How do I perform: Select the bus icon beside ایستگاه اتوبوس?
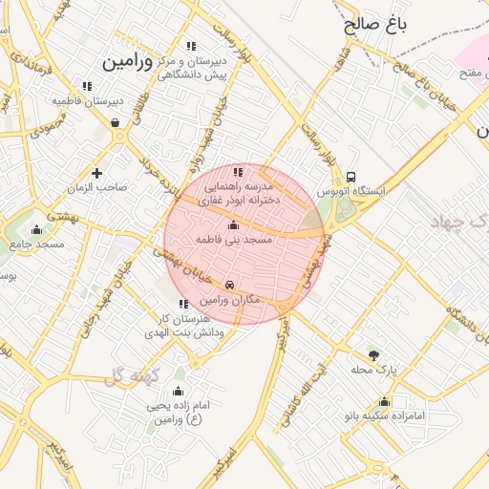[x=351, y=177]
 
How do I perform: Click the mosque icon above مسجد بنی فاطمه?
[x=234, y=225]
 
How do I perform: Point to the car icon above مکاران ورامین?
[x=230, y=286]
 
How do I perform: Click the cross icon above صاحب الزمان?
[x=96, y=173]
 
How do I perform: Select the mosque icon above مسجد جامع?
[x=36, y=229]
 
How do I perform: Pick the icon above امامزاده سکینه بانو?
[x=384, y=402]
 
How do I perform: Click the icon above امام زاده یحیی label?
[x=177, y=391]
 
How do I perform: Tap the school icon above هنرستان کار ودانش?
[x=183, y=304]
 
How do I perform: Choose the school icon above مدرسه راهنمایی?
[x=238, y=172]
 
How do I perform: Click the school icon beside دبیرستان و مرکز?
[x=192, y=46]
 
